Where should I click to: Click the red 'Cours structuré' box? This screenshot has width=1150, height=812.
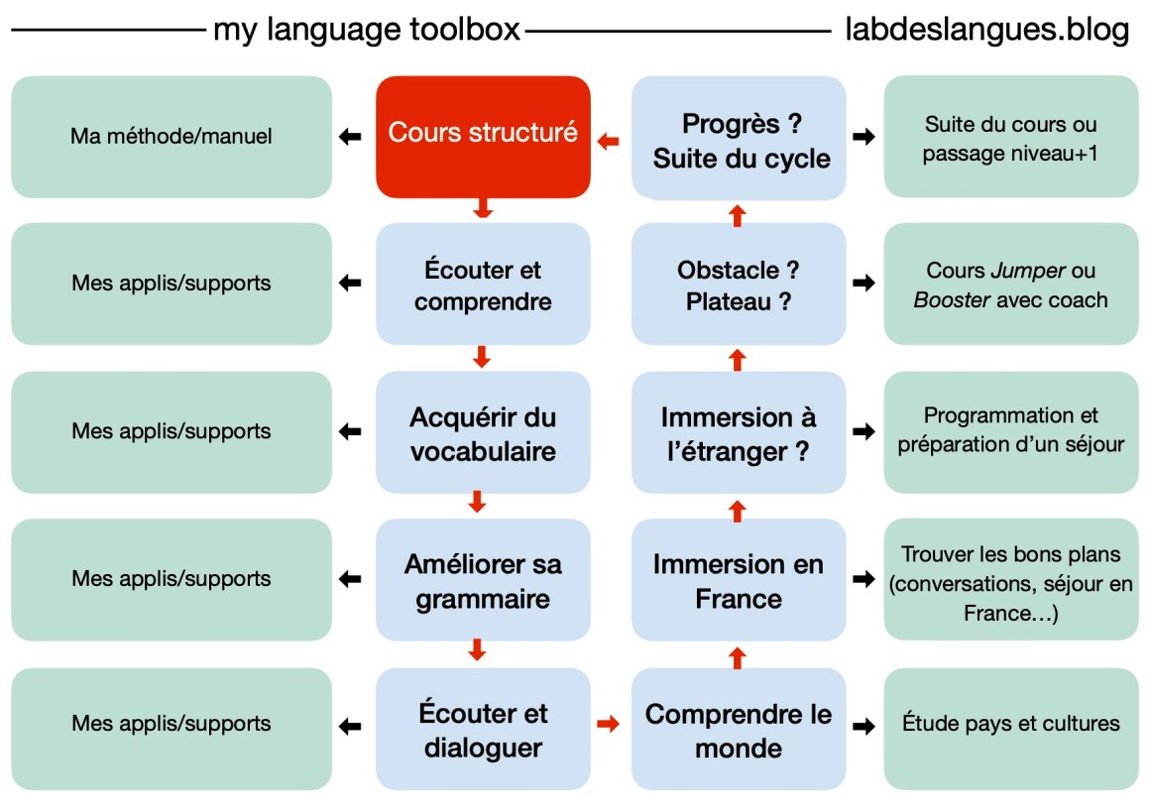pyautogui.click(x=483, y=137)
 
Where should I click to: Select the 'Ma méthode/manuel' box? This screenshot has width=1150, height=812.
pyautogui.click(x=172, y=137)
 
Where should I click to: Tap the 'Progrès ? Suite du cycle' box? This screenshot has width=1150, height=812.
pyautogui.click(x=739, y=138)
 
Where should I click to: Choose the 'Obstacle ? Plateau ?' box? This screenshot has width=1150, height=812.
pyautogui.click(x=739, y=284)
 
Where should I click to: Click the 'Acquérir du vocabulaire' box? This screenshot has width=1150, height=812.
pyautogui.click(x=483, y=432)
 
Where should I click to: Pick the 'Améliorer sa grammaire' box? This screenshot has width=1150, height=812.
pyautogui.click(x=483, y=579)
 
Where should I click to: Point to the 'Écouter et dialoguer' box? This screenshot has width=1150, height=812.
pyautogui.click(x=483, y=729)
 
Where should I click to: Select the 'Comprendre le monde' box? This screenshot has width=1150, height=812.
pyautogui.click(x=739, y=729)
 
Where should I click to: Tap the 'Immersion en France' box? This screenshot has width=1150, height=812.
pyautogui.click(x=739, y=579)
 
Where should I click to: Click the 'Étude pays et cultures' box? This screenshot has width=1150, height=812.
pyautogui.click(x=1010, y=729)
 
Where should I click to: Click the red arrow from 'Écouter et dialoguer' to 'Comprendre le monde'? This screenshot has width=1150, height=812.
pyautogui.click(x=608, y=725)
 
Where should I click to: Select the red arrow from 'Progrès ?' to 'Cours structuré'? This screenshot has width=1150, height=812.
pyautogui.click(x=608, y=141)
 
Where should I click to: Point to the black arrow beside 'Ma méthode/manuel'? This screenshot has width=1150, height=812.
pyautogui.click(x=350, y=137)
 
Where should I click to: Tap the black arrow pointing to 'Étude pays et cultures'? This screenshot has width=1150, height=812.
pyautogui.click(x=863, y=726)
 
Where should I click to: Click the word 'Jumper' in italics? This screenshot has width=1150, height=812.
pyautogui.click(x=1027, y=270)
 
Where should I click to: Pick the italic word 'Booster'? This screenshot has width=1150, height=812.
pyautogui.click(x=952, y=299)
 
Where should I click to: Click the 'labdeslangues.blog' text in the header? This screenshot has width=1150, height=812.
pyautogui.click(x=987, y=30)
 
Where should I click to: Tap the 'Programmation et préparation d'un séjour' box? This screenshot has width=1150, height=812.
pyautogui.click(x=1010, y=432)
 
